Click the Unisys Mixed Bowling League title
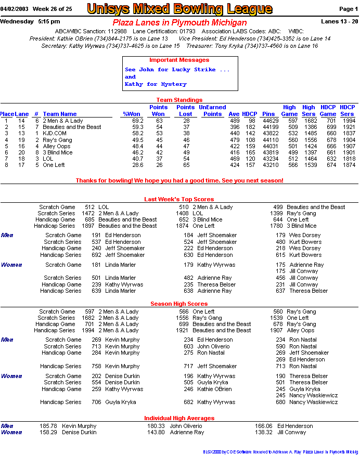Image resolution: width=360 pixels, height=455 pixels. [179, 9]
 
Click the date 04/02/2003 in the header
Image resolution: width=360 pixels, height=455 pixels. [14, 9]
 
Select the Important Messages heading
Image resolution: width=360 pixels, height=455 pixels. [179, 60]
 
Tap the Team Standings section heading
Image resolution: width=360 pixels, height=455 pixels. [179, 100]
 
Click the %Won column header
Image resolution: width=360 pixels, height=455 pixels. [132, 114]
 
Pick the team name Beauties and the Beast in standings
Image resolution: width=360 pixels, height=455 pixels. [72, 127]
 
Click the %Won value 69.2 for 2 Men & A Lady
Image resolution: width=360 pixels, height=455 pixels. [137, 121]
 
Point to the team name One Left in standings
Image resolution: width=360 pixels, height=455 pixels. [55, 165]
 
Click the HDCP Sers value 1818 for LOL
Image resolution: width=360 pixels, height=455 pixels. [349, 159]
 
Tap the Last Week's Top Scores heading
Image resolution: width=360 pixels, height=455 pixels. [179, 199]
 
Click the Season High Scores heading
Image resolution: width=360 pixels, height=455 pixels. [179, 304]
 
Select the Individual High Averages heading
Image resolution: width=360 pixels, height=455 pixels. [179, 418]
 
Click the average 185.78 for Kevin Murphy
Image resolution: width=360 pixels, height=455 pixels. [48, 426]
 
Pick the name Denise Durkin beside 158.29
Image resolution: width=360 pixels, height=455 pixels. [79, 432]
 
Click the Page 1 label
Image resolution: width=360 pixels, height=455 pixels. [348, 9]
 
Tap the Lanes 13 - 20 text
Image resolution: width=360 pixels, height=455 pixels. [340, 22]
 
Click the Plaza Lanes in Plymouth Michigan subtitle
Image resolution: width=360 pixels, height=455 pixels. [179, 23]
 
